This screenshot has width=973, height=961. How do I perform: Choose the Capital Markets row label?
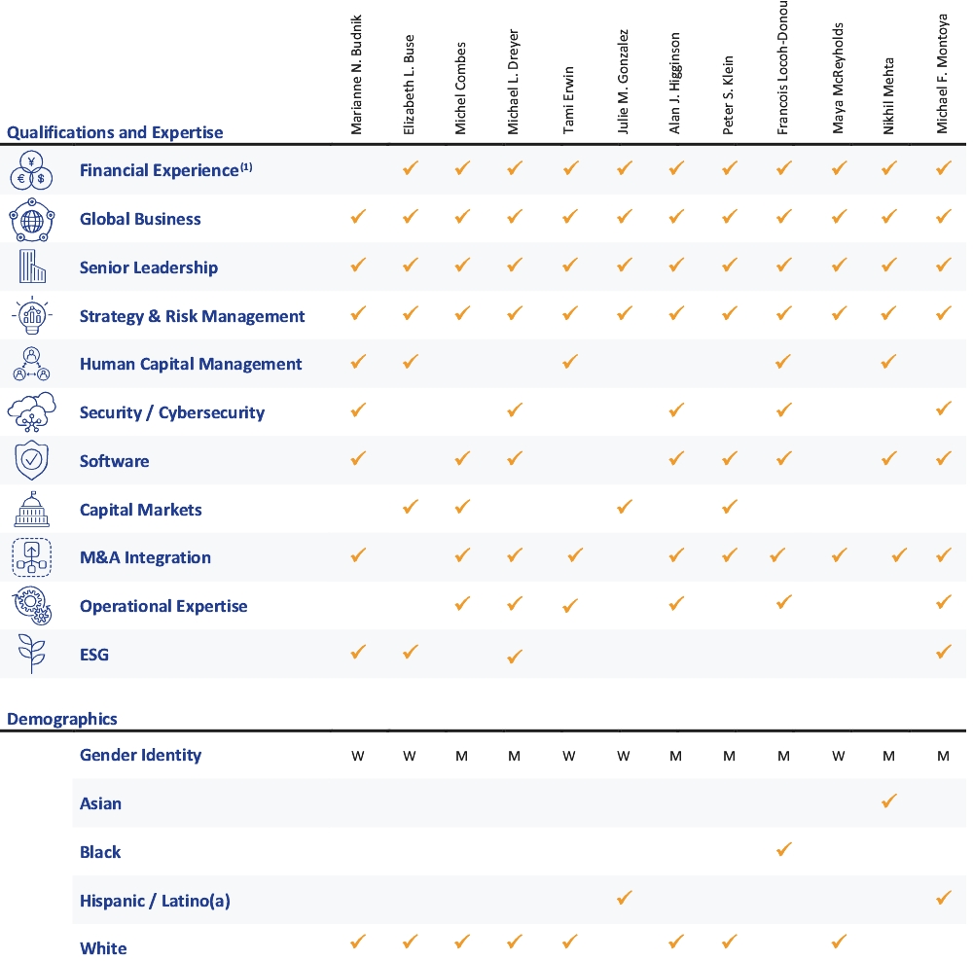click(x=140, y=510)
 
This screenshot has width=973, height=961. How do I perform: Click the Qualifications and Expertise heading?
click(x=115, y=132)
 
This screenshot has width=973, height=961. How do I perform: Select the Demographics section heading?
click(x=62, y=720)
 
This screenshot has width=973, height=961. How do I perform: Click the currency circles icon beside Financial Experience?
click(x=31, y=170)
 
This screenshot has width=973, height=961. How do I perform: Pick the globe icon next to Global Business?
click(x=31, y=219)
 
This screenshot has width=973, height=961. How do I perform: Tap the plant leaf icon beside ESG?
click(x=31, y=655)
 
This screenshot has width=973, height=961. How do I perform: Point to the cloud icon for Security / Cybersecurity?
click(x=31, y=412)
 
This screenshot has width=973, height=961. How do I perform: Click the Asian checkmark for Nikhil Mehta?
click(x=888, y=801)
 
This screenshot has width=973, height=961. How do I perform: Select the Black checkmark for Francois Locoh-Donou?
click(x=783, y=850)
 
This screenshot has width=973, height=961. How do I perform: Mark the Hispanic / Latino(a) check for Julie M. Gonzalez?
click(x=624, y=898)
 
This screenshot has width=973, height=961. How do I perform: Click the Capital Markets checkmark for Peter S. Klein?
click(x=730, y=507)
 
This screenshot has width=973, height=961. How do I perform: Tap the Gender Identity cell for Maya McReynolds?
click(x=836, y=756)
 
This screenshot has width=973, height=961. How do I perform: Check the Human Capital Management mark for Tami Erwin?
click(x=570, y=362)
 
